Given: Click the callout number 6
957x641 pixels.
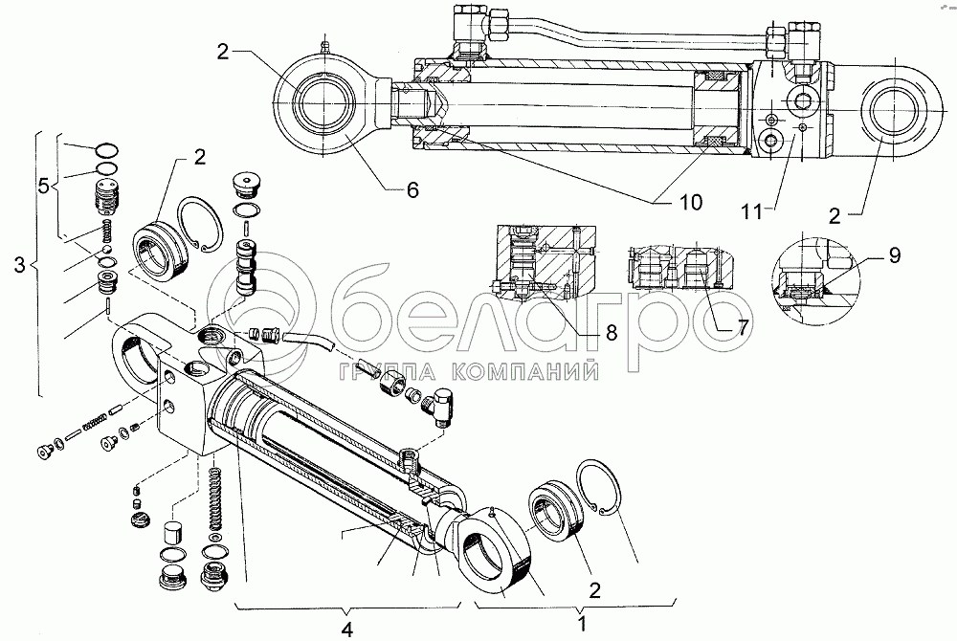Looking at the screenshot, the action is tap(412, 189).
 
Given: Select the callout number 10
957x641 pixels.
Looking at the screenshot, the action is tap(689, 202).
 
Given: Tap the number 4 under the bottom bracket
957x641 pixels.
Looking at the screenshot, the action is tap(347, 630).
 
